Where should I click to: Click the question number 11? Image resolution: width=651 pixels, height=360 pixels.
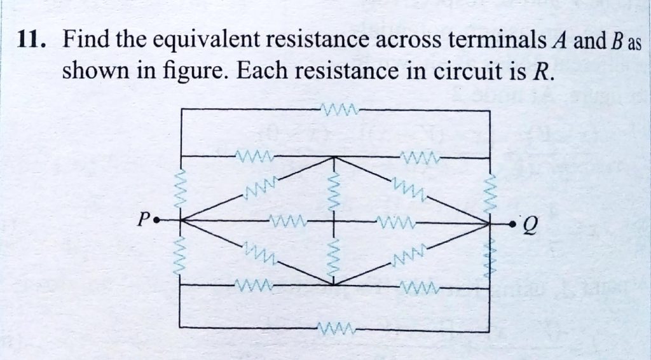click(29, 42)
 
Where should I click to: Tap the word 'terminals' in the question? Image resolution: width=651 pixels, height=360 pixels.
click(493, 42)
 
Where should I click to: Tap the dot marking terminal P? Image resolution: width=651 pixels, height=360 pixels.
click(160, 221)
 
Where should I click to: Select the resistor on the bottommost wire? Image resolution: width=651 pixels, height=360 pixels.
click(335, 328)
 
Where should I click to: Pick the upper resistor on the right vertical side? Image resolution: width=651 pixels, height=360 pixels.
click(490, 187)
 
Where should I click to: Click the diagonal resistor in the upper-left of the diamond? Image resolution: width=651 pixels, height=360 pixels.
click(257, 188)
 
